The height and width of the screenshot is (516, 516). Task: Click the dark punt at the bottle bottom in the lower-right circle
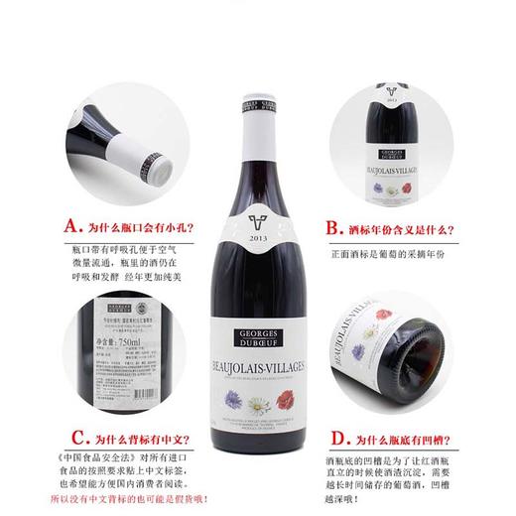pos(437,350)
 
